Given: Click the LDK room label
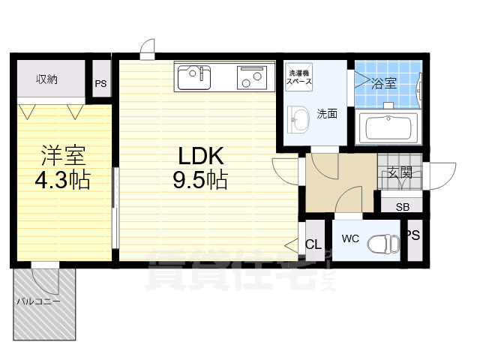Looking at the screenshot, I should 200,155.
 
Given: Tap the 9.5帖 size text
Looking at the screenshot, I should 200,181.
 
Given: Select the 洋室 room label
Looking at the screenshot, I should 63,156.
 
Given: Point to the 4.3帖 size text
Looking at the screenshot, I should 63,181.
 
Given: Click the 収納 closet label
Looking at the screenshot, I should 48,79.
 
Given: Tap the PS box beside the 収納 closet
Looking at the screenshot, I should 100,83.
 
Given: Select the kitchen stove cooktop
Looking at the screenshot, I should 251,76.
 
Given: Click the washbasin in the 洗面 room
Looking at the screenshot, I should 300,118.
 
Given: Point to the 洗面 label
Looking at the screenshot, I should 326,115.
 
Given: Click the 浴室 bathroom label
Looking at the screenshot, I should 384,83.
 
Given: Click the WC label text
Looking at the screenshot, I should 351,239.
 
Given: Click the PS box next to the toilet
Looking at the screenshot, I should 413,235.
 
